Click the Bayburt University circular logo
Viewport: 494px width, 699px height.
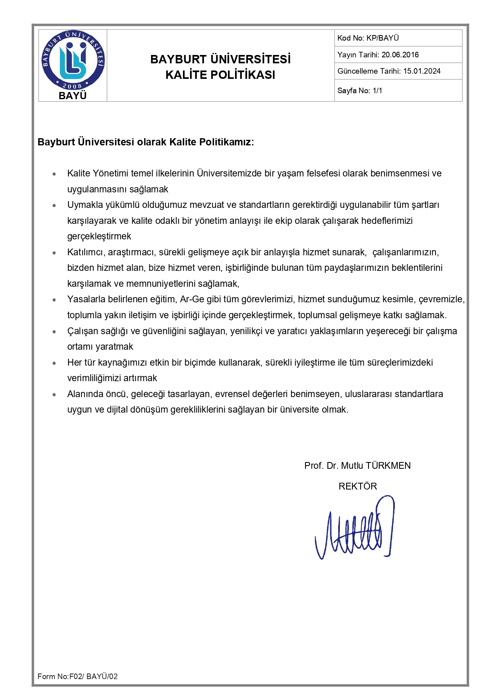73,60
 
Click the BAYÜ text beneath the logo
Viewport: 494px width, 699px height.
73,96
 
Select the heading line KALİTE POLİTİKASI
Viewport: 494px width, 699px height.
220,75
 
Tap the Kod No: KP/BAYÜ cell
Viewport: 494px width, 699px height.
368,38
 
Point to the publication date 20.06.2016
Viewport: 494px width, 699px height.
400,55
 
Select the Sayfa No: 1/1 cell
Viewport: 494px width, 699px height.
360,91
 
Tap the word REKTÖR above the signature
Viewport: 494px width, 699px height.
357,486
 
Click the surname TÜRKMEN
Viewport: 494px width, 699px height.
388,466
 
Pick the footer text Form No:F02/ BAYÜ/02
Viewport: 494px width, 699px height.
78,676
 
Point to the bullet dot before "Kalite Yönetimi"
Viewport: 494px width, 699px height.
54,174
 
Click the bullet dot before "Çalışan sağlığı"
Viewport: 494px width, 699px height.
54,331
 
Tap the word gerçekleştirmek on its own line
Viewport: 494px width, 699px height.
99,237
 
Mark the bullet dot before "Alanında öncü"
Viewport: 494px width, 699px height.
54,395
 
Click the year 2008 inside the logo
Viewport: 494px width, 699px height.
72,86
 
